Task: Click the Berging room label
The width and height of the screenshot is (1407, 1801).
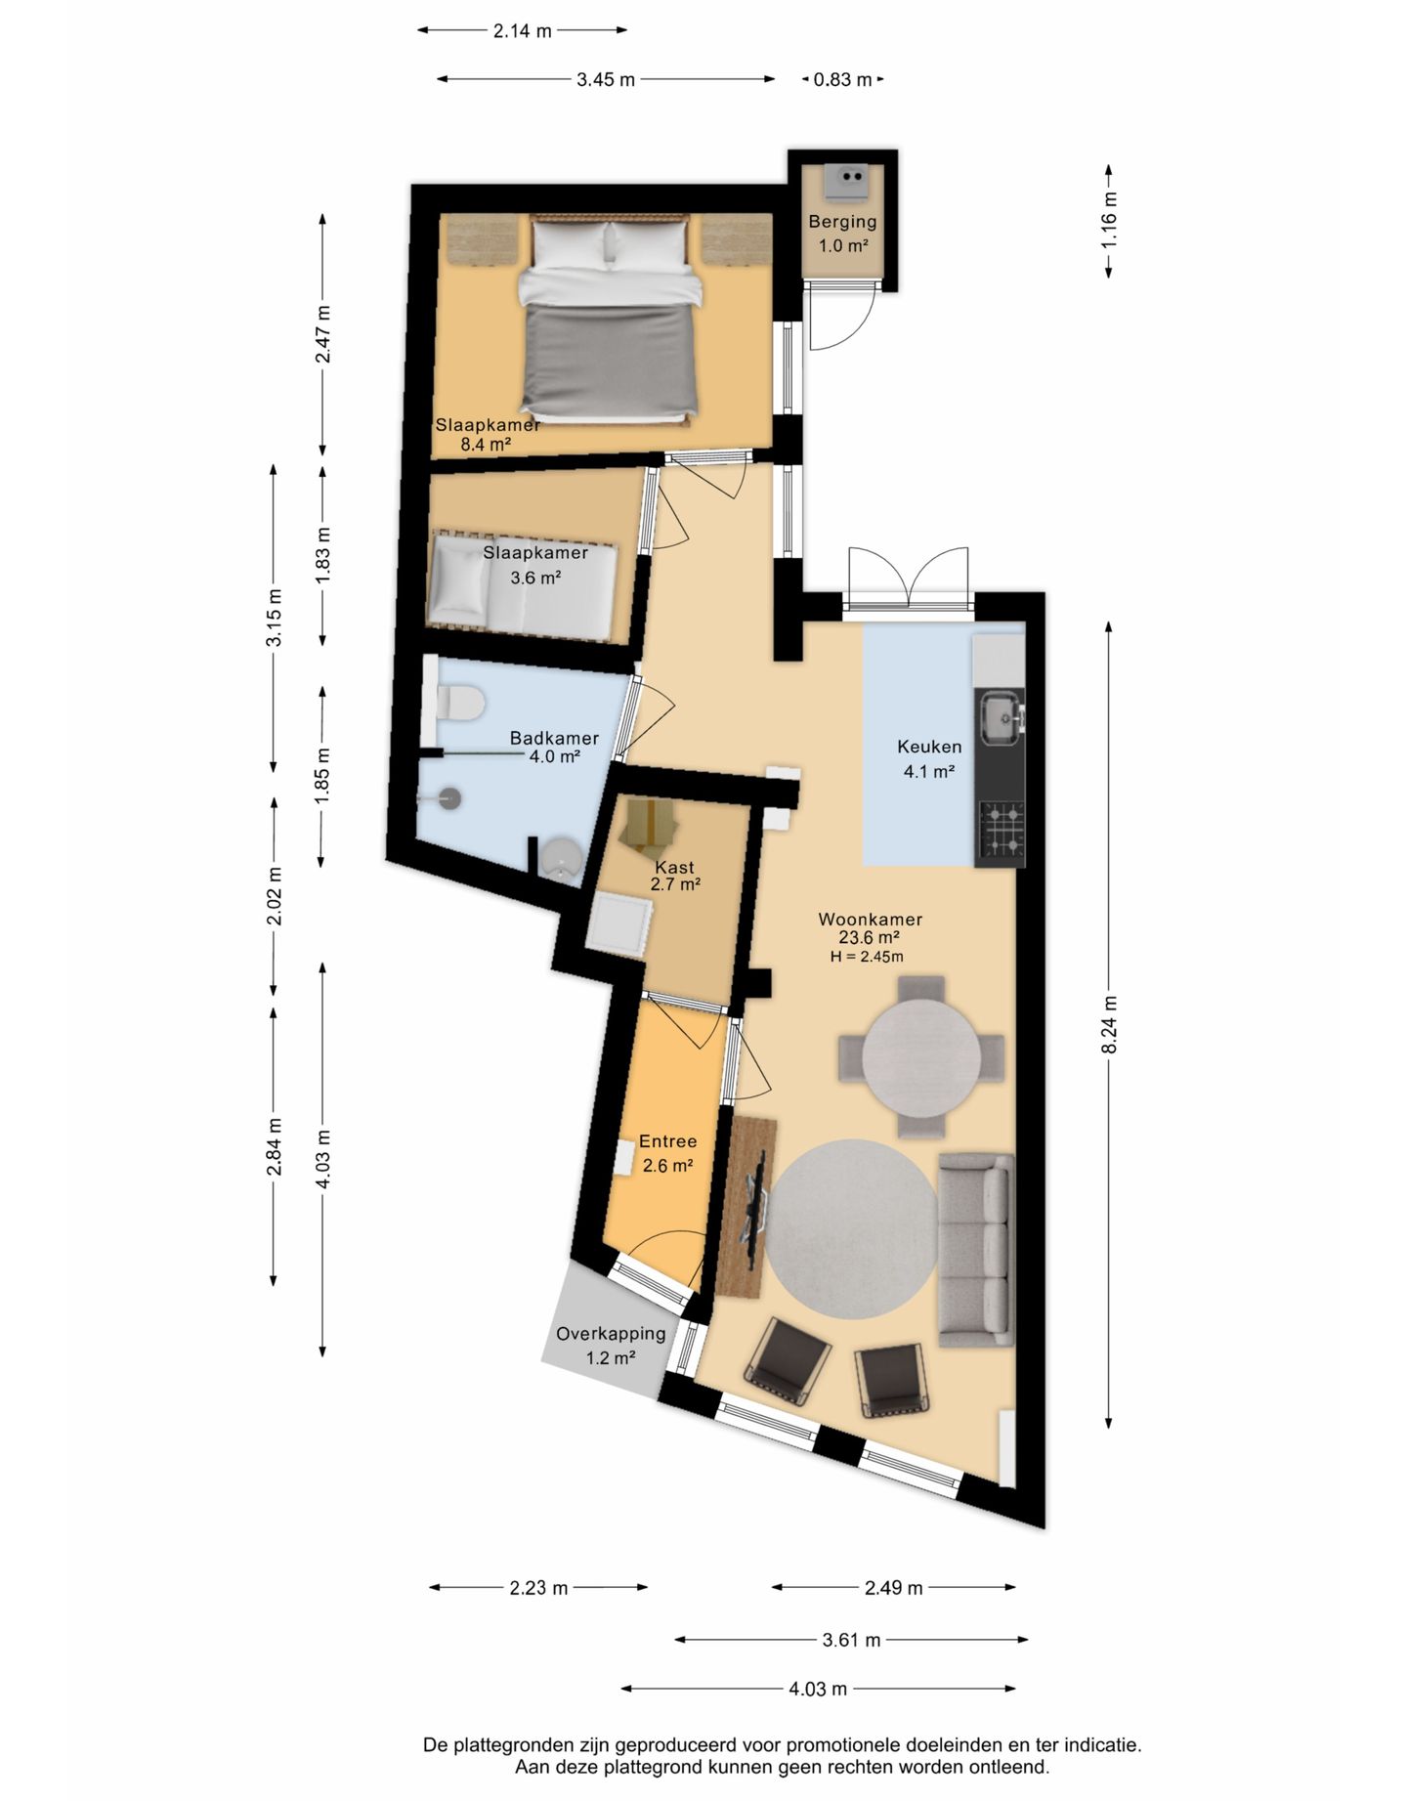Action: (842, 222)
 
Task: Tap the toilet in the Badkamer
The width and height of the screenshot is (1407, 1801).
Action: (459, 702)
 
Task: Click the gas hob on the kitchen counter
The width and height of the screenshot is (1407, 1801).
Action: (1002, 828)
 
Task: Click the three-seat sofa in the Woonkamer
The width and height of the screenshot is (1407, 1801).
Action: (975, 1250)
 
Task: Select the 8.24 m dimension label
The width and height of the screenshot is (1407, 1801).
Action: (1109, 1024)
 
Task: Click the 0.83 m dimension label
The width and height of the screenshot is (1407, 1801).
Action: (842, 80)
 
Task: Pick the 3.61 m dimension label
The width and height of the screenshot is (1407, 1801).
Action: (851, 1640)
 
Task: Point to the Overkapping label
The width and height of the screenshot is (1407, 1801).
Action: (611, 1334)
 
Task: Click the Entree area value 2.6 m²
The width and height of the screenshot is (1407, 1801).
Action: (668, 1166)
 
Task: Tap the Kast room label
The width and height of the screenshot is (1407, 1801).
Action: (675, 867)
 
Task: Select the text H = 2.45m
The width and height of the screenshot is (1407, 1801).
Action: (867, 957)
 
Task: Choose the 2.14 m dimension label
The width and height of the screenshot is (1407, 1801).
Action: (522, 31)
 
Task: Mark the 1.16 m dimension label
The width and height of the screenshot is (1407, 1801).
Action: (1109, 221)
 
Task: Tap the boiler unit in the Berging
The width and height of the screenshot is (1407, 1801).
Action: (845, 179)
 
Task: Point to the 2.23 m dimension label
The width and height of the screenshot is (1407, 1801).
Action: (538, 1588)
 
